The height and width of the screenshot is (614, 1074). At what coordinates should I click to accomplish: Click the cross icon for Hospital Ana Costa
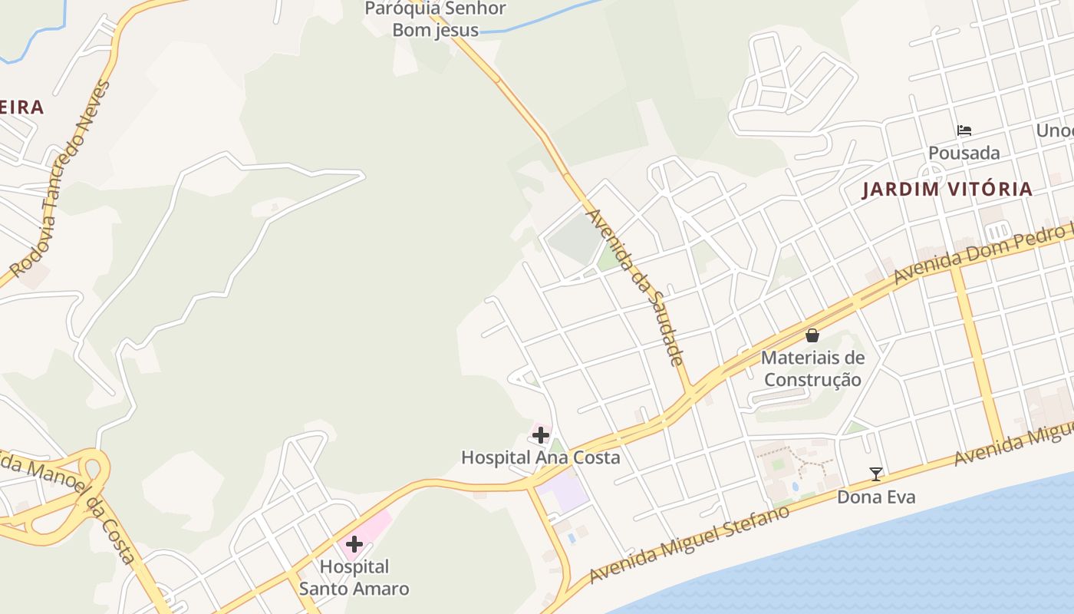[541, 436]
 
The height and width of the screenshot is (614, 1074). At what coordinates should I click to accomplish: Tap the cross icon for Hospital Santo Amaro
[354, 544]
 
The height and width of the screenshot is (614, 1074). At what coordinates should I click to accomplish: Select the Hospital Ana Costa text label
[540, 457]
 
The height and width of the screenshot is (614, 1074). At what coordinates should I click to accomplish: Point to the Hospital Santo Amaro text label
[354, 578]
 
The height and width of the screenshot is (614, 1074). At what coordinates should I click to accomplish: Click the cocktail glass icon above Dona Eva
[875, 474]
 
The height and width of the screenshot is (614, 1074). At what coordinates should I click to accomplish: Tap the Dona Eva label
[875, 497]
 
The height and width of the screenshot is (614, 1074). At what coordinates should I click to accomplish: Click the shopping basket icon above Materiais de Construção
[812, 335]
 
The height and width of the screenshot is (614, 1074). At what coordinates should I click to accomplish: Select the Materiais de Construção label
[812, 368]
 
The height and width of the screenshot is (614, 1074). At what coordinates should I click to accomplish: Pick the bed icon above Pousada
[964, 130]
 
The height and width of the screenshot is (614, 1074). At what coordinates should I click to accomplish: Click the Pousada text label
[964, 153]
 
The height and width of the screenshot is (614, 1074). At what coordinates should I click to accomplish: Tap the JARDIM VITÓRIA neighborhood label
[947, 190]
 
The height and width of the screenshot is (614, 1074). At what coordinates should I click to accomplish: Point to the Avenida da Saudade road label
[636, 287]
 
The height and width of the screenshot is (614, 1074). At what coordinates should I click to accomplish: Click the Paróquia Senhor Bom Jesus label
[435, 19]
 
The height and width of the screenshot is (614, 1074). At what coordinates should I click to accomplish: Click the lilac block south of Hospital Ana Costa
[563, 492]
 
